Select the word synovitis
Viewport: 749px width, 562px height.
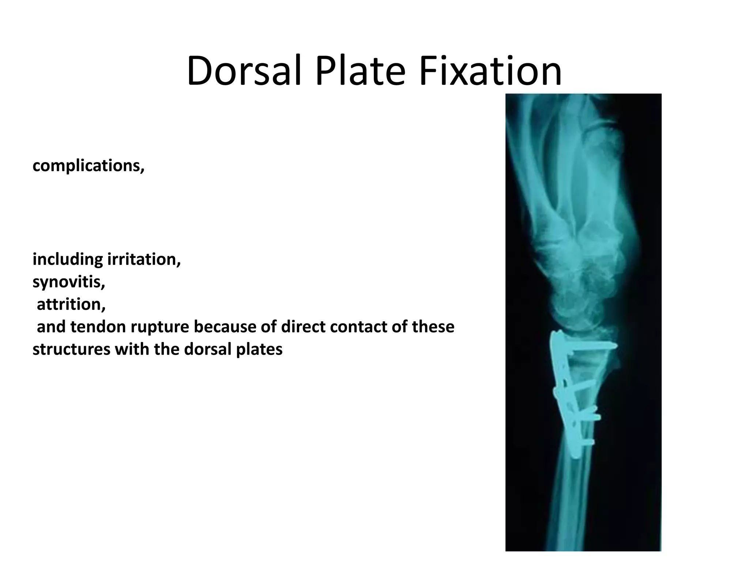69,282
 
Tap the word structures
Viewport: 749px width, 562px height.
71,349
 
